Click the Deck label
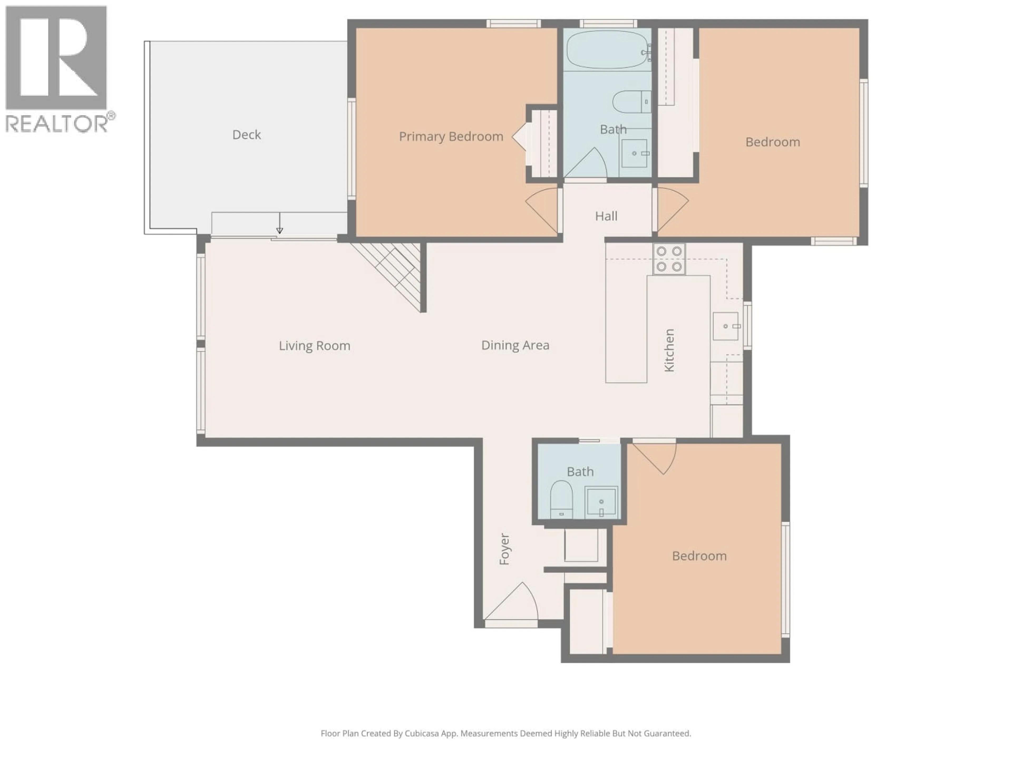click(x=247, y=134)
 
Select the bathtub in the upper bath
click(x=607, y=49)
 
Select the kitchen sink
click(x=726, y=326)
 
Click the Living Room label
click(x=314, y=346)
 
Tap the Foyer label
click(x=504, y=549)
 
